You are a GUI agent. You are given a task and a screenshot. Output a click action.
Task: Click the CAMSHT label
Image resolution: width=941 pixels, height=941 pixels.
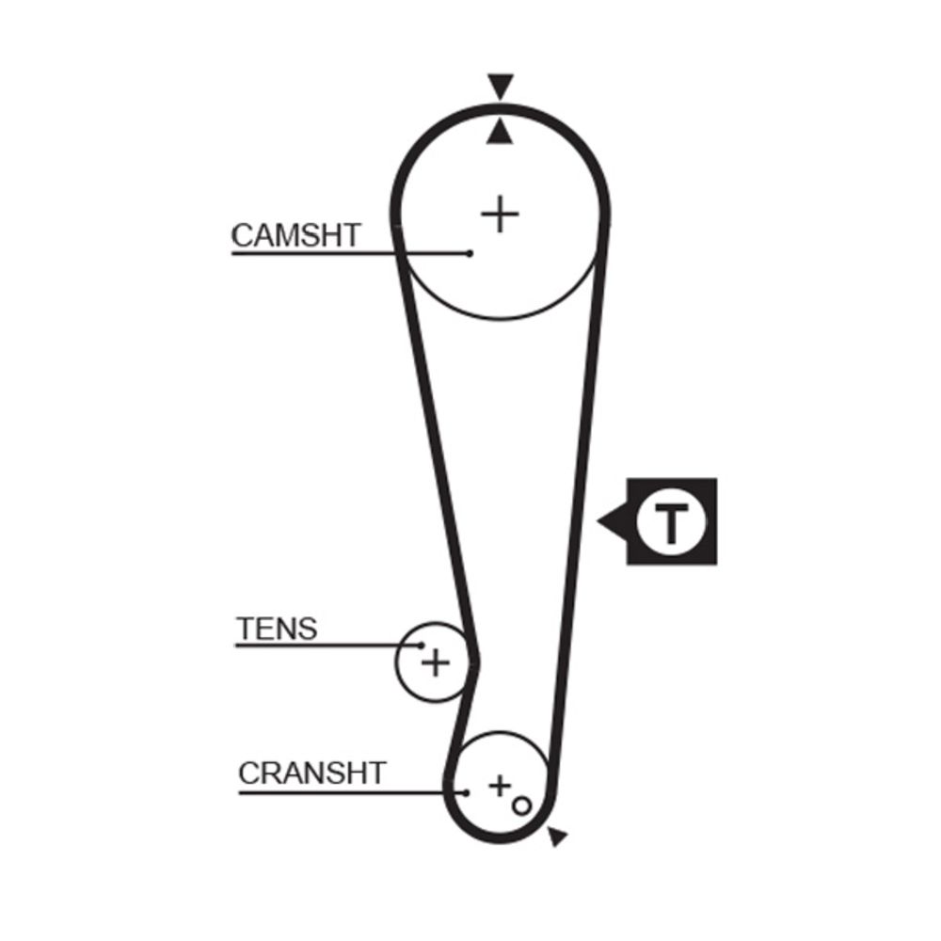pos(295,235)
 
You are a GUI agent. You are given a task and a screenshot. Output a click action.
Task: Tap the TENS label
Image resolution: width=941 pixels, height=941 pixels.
pos(277,629)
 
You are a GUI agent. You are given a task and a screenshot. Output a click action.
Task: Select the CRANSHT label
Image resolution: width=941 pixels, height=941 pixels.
pos(311,773)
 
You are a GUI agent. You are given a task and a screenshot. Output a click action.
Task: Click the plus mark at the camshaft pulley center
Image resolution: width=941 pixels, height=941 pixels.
pos(500,214)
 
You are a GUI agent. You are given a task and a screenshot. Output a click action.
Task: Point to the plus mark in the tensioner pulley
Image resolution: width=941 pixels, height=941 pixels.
pos(436,663)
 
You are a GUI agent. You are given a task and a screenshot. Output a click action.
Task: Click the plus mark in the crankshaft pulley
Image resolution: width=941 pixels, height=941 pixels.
pos(500,786)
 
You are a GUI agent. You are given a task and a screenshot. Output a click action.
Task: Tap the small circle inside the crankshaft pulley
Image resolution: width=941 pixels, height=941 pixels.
pos(521,805)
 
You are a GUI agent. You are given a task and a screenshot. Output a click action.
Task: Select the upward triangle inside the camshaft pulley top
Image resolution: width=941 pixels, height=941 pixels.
pos(500,132)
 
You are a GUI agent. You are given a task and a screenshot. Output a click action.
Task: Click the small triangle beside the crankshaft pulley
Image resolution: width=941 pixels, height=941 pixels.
pos(557,836)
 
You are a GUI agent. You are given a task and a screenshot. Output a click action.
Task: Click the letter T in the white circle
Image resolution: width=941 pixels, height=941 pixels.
pos(672,522)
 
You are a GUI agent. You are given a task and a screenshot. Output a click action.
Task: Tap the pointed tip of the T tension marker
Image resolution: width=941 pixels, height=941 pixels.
pos(598,521)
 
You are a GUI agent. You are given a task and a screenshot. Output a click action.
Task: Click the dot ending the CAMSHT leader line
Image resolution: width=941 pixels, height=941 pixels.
pos(470,253)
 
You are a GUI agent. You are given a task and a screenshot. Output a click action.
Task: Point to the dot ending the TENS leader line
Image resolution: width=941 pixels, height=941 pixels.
pos(422,646)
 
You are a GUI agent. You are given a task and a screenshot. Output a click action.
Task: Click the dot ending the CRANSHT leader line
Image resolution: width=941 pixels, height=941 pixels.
pos(466,792)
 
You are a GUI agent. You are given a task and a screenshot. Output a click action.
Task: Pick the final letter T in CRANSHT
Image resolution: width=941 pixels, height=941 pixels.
pos(375,773)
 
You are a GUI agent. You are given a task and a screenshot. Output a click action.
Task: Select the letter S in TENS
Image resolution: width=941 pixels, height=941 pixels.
pos(308,629)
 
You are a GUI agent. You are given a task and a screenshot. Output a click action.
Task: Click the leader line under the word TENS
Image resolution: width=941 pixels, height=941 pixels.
pos(327,646)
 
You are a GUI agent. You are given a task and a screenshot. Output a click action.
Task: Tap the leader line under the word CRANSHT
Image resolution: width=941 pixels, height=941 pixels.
pos(352,792)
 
